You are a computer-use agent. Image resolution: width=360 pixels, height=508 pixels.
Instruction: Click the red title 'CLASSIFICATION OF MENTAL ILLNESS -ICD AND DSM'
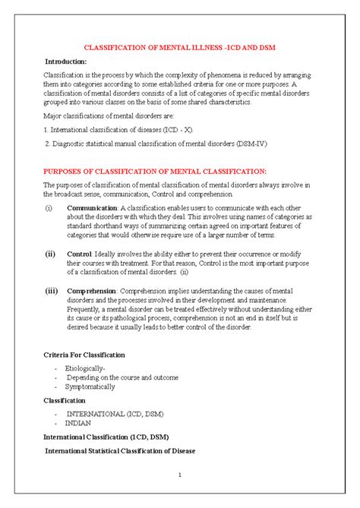tap(179, 48)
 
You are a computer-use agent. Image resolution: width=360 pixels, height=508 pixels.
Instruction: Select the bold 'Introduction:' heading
tap(66, 62)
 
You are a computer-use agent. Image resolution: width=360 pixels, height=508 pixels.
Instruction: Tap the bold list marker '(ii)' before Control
tap(50, 254)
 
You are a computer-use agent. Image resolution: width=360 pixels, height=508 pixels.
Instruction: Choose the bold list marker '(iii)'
tap(52, 290)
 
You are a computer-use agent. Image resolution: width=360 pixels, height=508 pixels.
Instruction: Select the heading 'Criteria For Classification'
tap(84, 355)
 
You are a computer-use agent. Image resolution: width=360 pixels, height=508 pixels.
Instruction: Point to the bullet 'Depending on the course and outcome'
tap(122, 377)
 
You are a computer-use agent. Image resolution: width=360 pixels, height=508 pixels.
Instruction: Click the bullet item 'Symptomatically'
tap(90, 387)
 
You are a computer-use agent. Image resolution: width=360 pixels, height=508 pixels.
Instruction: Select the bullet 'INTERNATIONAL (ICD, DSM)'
tap(114, 414)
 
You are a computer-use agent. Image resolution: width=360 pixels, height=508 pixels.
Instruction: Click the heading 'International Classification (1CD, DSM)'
tap(106, 437)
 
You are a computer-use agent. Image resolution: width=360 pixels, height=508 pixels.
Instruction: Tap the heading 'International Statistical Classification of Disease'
tap(120, 451)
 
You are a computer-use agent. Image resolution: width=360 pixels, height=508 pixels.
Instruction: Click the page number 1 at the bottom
tap(180, 476)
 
